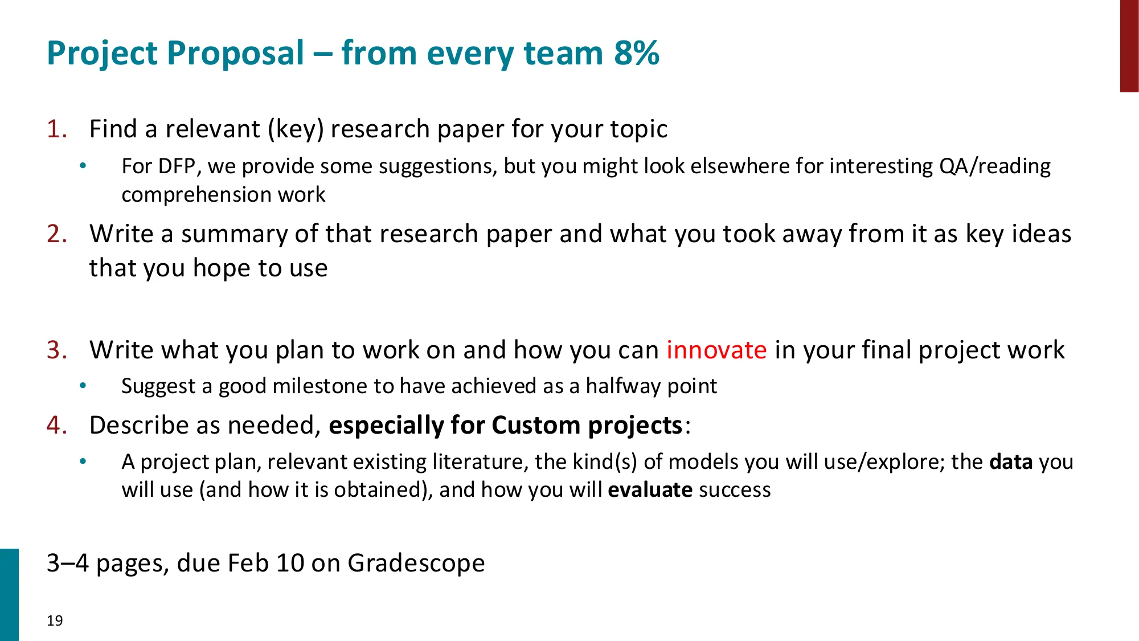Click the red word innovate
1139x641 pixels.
[x=716, y=350]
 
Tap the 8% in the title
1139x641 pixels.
[x=636, y=54]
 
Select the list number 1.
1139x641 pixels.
[x=56, y=129]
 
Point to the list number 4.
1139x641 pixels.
[x=57, y=426]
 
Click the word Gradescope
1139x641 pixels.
[x=416, y=563]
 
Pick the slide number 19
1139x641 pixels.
[x=55, y=620]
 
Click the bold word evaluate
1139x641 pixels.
[x=650, y=490]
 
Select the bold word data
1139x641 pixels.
[x=1011, y=462]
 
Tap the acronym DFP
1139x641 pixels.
[x=177, y=166]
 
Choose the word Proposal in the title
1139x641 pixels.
[x=236, y=54]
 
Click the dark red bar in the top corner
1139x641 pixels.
[x=1129, y=46]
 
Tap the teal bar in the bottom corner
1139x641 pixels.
[x=9, y=594]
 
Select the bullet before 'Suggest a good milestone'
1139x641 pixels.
[x=83, y=386]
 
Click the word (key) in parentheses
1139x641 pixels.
[x=296, y=129]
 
